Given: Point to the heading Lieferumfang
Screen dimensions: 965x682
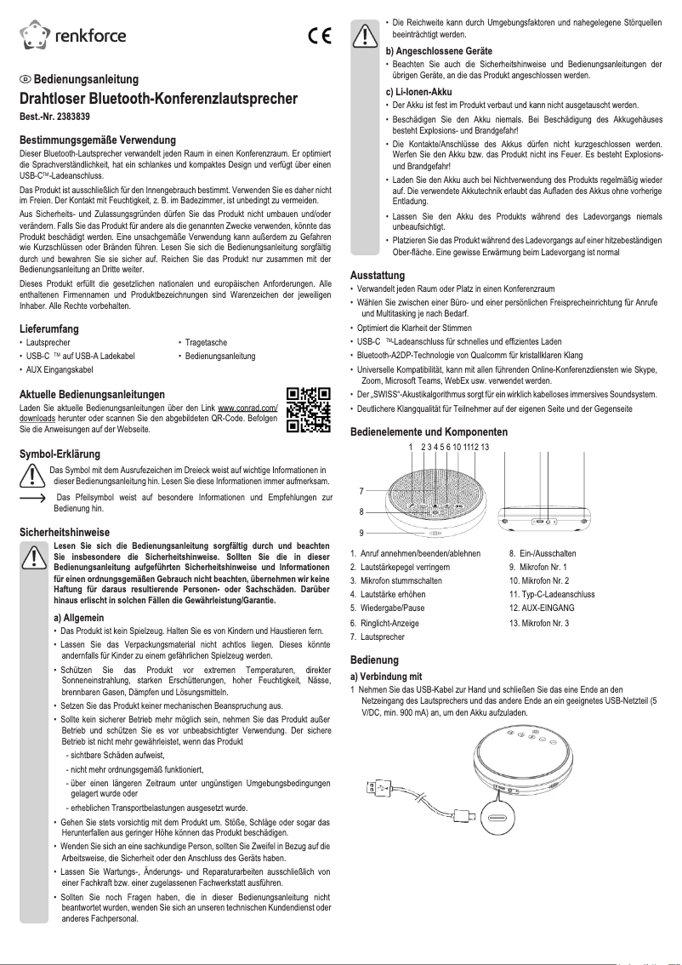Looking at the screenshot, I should pyautogui.click(x=49, y=328).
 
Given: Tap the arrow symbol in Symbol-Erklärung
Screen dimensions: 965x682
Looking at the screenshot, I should pyautogui.click(x=32, y=497).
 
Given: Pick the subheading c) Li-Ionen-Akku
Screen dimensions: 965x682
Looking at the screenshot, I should pyautogui.click(x=418, y=92).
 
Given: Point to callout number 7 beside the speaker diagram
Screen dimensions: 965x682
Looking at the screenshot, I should pyautogui.click(x=361, y=491).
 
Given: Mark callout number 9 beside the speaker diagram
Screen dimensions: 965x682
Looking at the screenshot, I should pyautogui.click(x=361, y=533).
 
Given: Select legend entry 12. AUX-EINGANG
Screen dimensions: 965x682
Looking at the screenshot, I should pyautogui.click(x=542, y=608).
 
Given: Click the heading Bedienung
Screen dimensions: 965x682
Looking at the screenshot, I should pyautogui.click(x=374, y=660).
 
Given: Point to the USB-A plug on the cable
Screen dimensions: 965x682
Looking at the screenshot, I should pyautogui.click(x=376, y=788).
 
